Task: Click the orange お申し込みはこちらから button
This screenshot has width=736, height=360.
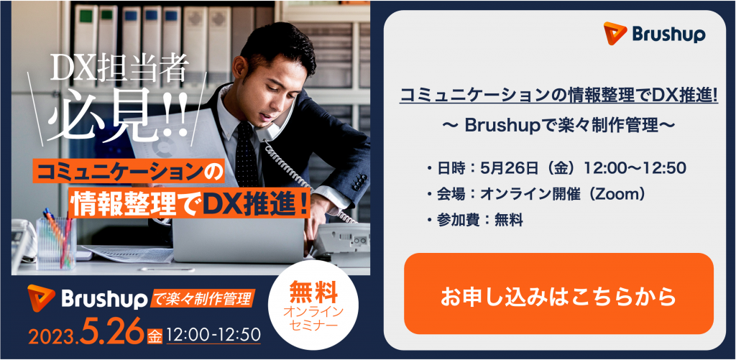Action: [x=558, y=294]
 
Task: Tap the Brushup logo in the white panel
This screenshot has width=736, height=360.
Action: [x=654, y=34]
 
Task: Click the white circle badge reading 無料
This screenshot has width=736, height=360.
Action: [x=313, y=305]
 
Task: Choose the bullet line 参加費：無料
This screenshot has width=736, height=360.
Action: [x=474, y=220]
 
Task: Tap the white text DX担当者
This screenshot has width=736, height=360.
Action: [x=119, y=70]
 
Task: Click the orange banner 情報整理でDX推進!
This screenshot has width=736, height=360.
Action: [x=190, y=204]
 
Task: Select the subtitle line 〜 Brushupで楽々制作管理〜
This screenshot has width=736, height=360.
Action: [x=558, y=125]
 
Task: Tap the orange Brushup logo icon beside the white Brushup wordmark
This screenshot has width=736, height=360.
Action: [x=41, y=298]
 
